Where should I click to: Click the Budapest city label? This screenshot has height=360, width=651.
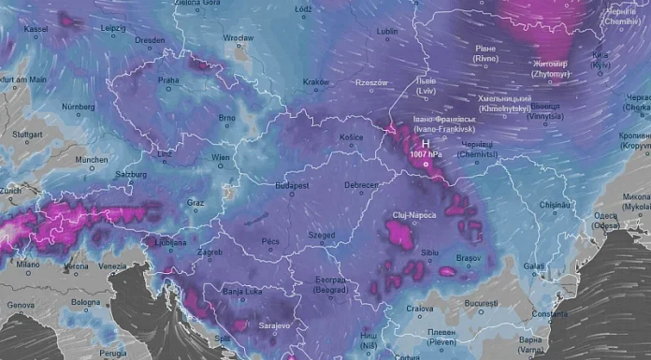pos(293,187)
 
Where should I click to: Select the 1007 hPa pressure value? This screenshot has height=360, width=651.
pos(425,153)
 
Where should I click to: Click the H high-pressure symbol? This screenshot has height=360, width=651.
pos(425,144)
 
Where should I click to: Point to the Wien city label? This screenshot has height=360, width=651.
pos(221,158)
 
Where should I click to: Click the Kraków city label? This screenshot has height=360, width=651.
pos(315,82)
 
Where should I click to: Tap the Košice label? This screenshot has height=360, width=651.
pos(351,137)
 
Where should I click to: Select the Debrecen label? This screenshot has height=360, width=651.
pos(361,187)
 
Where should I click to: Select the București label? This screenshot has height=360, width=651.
pos(485,305)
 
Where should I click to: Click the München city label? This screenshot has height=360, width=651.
pos(92,160)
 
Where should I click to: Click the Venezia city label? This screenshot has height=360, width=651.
pos(112,266)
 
